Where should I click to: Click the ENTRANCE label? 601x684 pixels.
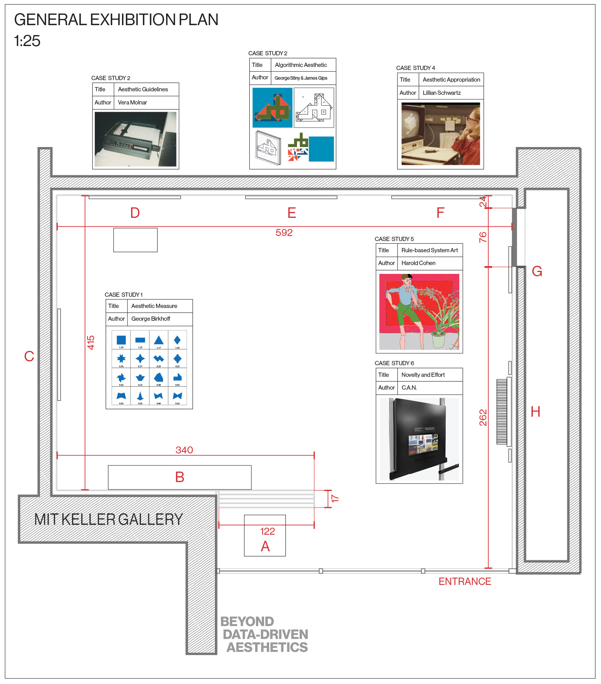pos(464,581)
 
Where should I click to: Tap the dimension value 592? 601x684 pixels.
pos(284,233)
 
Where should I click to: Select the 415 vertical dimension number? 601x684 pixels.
pos(91,342)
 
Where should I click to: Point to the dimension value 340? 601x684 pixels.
pos(184,450)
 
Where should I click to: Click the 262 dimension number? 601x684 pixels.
pos(483,417)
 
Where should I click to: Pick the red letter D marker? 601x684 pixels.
pos(135,213)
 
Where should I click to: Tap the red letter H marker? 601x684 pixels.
pos(535,412)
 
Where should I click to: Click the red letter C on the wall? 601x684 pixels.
pos(29,356)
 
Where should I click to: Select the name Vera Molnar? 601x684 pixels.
pos(132,103)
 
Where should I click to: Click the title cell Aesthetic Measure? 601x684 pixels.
pos(154,306)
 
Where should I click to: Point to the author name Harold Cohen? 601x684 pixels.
pos(418,263)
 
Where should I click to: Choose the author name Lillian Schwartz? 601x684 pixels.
pos(441,93)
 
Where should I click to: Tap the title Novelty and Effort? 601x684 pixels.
pos(423,375)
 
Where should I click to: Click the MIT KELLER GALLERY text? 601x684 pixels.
pos(108,519)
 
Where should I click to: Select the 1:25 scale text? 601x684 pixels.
pos(27,41)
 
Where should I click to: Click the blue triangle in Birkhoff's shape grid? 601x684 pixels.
pos(158,340)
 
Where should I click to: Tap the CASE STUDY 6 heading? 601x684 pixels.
pos(394,363)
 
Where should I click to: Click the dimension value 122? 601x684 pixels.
pos(267,531)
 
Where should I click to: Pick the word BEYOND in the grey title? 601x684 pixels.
pos(247,621)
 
